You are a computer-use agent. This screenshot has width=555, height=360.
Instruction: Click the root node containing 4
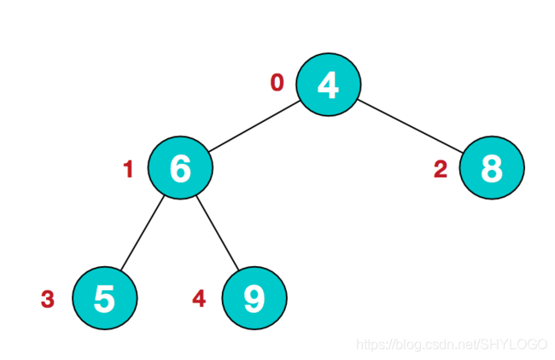[x=329, y=84]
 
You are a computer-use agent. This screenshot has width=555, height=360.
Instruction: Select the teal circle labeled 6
[x=180, y=168]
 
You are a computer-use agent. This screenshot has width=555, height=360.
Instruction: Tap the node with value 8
[x=491, y=168]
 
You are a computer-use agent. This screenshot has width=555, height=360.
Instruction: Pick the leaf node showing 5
[x=104, y=299]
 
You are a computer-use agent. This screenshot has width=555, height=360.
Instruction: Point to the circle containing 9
[x=254, y=299]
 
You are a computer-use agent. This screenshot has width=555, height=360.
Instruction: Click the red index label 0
[x=277, y=83]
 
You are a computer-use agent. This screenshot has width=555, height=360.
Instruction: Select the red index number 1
[x=129, y=170]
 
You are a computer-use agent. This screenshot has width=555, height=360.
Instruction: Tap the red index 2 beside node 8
[x=441, y=170]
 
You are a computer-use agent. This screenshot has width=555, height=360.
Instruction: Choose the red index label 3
[x=48, y=299]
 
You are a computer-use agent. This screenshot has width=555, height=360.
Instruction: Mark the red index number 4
[x=199, y=299]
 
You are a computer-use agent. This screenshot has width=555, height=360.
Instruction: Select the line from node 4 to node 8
[x=410, y=125]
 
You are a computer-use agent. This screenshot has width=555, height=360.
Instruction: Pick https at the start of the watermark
[x=371, y=345]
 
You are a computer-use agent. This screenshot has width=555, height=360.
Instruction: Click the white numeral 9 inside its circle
[x=254, y=299]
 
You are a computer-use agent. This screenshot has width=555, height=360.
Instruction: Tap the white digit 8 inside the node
[x=491, y=168]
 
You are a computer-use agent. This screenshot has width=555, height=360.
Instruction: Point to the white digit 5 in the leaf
[x=104, y=299]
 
